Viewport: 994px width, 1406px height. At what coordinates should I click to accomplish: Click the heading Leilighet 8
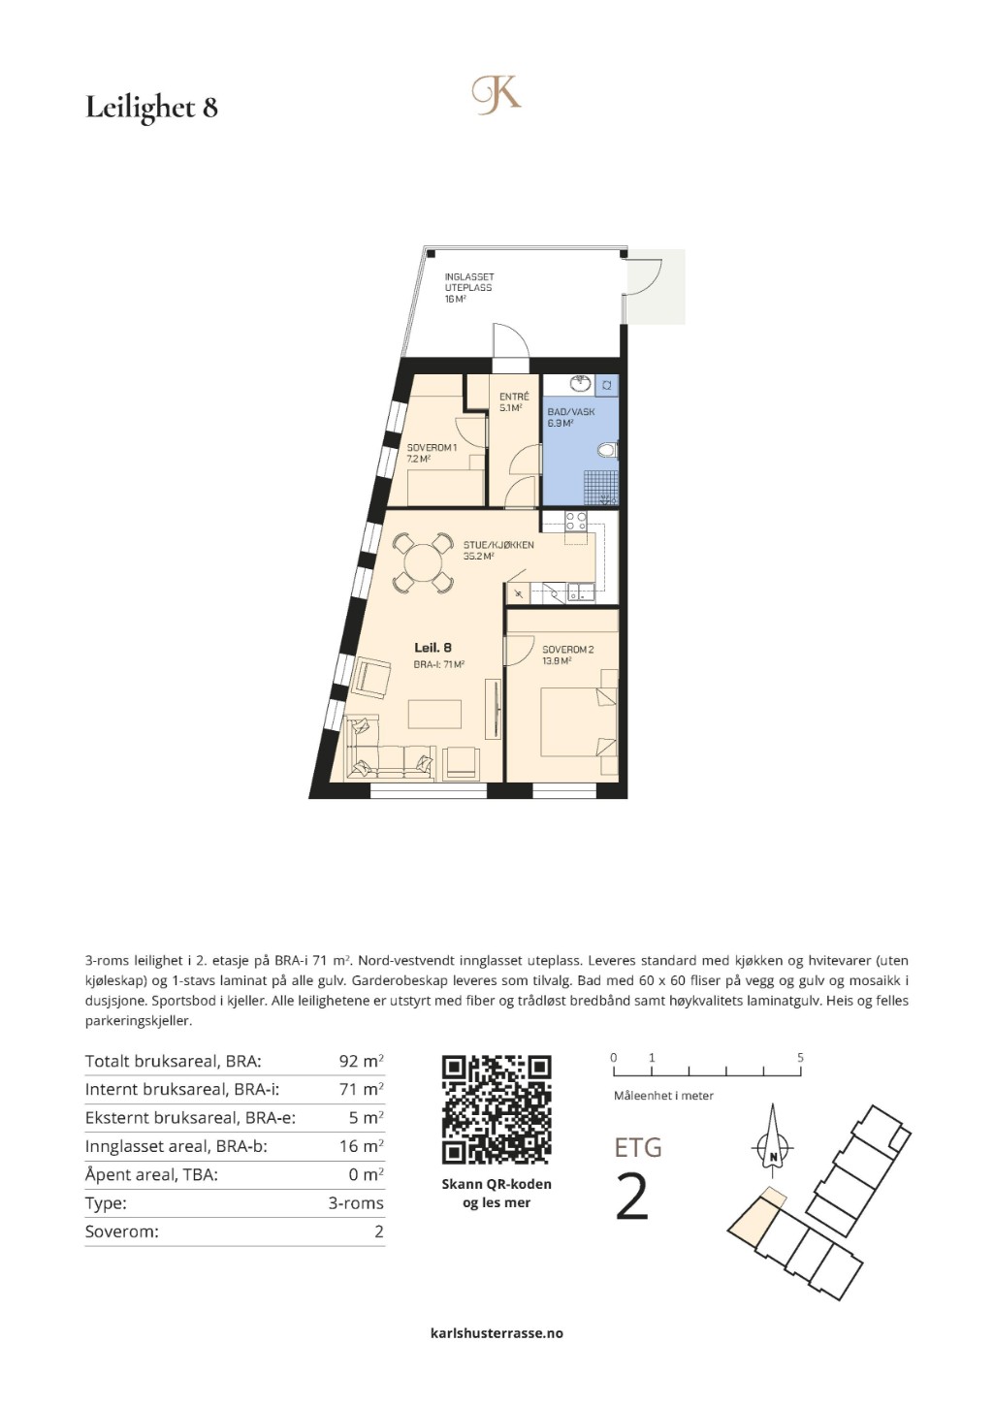151,108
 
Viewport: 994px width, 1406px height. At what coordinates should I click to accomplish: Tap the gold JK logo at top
497,95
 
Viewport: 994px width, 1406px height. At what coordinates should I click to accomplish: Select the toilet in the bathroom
608,450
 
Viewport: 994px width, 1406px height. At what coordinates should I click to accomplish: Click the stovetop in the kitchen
576,522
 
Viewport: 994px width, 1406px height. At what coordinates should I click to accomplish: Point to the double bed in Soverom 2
578,722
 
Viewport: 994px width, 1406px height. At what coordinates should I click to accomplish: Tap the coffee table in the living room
434,713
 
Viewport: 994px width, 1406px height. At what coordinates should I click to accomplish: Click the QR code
497,1109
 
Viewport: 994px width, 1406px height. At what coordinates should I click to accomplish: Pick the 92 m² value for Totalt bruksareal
361,1061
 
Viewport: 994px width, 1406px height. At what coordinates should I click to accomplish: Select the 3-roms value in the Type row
356,1203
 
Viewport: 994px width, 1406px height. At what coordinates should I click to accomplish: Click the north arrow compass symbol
773,1147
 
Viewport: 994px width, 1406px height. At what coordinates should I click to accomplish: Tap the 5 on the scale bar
800,1058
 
